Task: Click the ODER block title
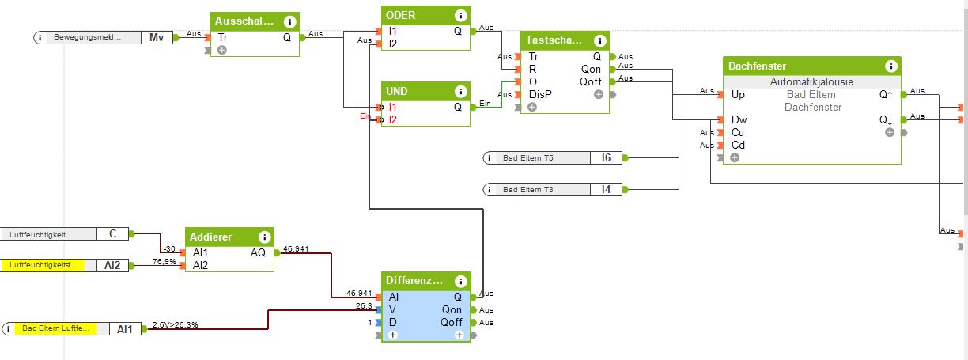click(400, 16)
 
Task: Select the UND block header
click(397, 92)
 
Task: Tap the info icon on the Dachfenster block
click(890, 66)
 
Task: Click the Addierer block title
click(212, 237)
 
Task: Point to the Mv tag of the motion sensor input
click(157, 37)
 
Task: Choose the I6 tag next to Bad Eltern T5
click(606, 158)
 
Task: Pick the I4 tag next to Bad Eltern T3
click(606, 189)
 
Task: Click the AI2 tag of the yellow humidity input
click(112, 266)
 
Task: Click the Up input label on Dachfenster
click(738, 95)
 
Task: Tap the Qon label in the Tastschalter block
click(591, 70)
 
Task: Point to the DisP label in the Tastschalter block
click(540, 95)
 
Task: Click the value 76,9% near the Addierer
click(164, 261)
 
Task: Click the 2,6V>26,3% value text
click(175, 324)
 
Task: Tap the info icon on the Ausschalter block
click(289, 22)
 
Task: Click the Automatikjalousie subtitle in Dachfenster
click(811, 82)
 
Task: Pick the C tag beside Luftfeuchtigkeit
click(112, 234)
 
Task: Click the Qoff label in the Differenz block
click(452, 323)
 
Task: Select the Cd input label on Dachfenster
click(738, 146)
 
